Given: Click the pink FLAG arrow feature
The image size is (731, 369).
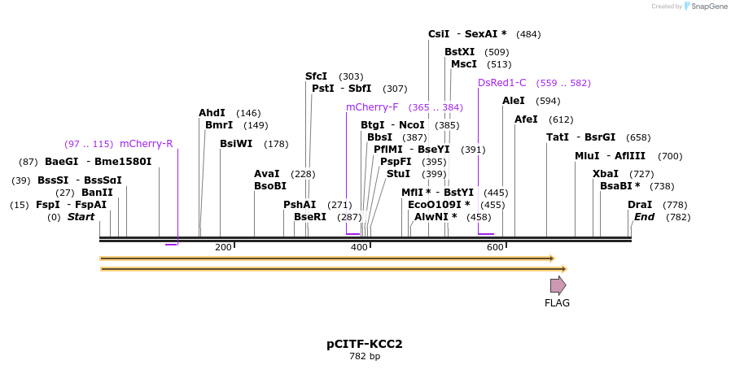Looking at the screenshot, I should click(x=558, y=285).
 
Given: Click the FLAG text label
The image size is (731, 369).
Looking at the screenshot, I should click(x=557, y=303).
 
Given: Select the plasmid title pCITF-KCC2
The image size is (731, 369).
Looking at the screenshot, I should click(x=365, y=344).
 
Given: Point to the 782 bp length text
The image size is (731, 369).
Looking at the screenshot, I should click(x=365, y=356).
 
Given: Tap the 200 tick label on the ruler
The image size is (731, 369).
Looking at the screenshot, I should click(x=223, y=247).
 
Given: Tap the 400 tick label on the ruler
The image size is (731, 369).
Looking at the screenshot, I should click(x=359, y=247).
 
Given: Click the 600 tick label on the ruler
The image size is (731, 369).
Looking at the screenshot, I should click(x=495, y=247).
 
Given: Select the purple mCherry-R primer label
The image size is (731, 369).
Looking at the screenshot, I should click(x=147, y=144).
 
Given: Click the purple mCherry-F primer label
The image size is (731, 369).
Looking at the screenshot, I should click(x=372, y=107).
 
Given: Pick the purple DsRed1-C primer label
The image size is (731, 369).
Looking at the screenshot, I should click(x=502, y=83).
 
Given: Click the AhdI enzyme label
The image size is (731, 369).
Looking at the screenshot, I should click(x=212, y=113).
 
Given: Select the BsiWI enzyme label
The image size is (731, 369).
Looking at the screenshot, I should click(x=236, y=144).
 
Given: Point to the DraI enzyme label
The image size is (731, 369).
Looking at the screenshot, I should click(x=640, y=205).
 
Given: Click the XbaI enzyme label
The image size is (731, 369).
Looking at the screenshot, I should click(x=606, y=174).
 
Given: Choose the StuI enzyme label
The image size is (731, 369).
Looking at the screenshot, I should click(x=398, y=174).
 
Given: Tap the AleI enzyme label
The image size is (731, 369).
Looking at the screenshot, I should click(x=514, y=101).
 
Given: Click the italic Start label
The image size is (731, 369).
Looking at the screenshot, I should click(x=81, y=217).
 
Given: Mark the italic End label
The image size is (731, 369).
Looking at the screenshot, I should click(x=644, y=217).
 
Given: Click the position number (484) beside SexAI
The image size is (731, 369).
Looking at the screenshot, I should click(x=528, y=34).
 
